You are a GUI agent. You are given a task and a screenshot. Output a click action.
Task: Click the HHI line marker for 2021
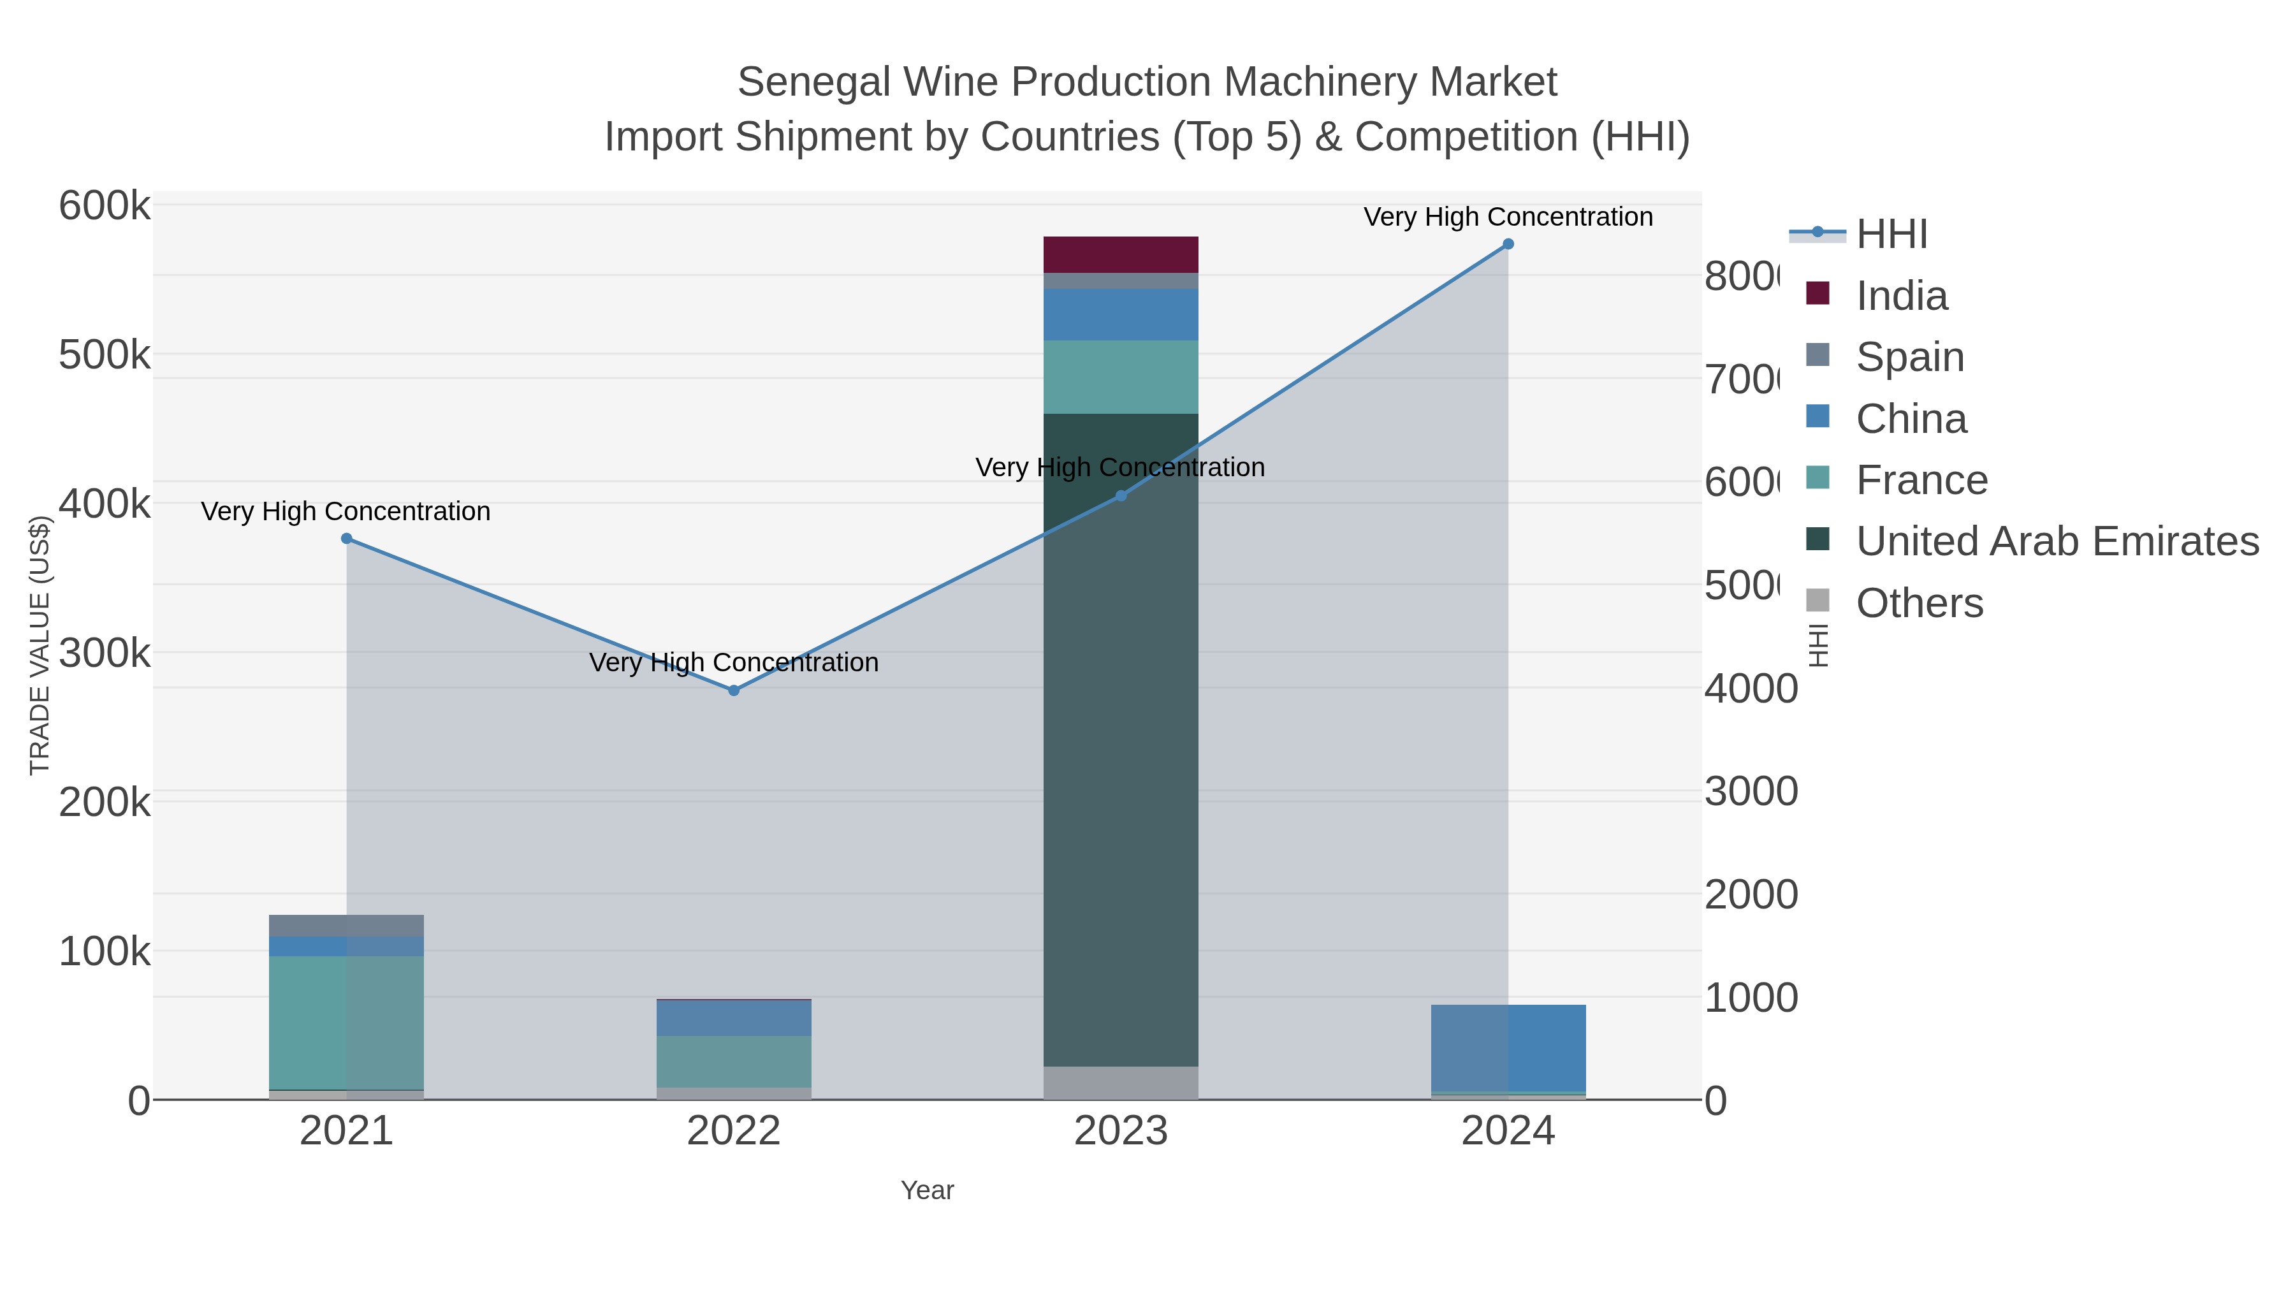pyautogui.click(x=347, y=539)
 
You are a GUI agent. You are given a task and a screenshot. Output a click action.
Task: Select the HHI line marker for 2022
pyautogui.click(x=734, y=690)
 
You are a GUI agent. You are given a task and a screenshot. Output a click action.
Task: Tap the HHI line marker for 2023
pyautogui.click(x=1121, y=495)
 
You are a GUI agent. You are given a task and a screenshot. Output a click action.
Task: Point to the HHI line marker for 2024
pyautogui.click(x=1508, y=244)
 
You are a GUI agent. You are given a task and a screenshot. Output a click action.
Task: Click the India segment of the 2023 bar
pyautogui.click(x=1121, y=255)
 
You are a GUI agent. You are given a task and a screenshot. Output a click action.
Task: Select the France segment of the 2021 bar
pyautogui.click(x=347, y=1023)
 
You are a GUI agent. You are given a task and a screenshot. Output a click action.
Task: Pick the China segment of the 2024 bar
pyautogui.click(x=1508, y=1047)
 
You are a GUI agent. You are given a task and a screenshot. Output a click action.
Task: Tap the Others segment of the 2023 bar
pyautogui.click(x=1121, y=1083)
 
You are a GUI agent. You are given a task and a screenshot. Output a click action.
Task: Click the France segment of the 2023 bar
pyautogui.click(x=1121, y=377)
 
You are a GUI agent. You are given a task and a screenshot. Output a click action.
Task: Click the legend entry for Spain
pyautogui.click(x=1910, y=356)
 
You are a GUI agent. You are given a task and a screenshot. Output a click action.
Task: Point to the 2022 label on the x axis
pyautogui.click(x=734, y=1132)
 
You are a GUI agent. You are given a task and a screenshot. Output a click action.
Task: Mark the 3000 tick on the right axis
pyautogui.click(x=1751, y=791)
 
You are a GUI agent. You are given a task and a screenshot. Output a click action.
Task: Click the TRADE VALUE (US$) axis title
pyautogui.click(x=40, y=645)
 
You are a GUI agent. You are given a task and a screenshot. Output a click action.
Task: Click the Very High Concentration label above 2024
pyautogui.click(x=1508, y=217)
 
